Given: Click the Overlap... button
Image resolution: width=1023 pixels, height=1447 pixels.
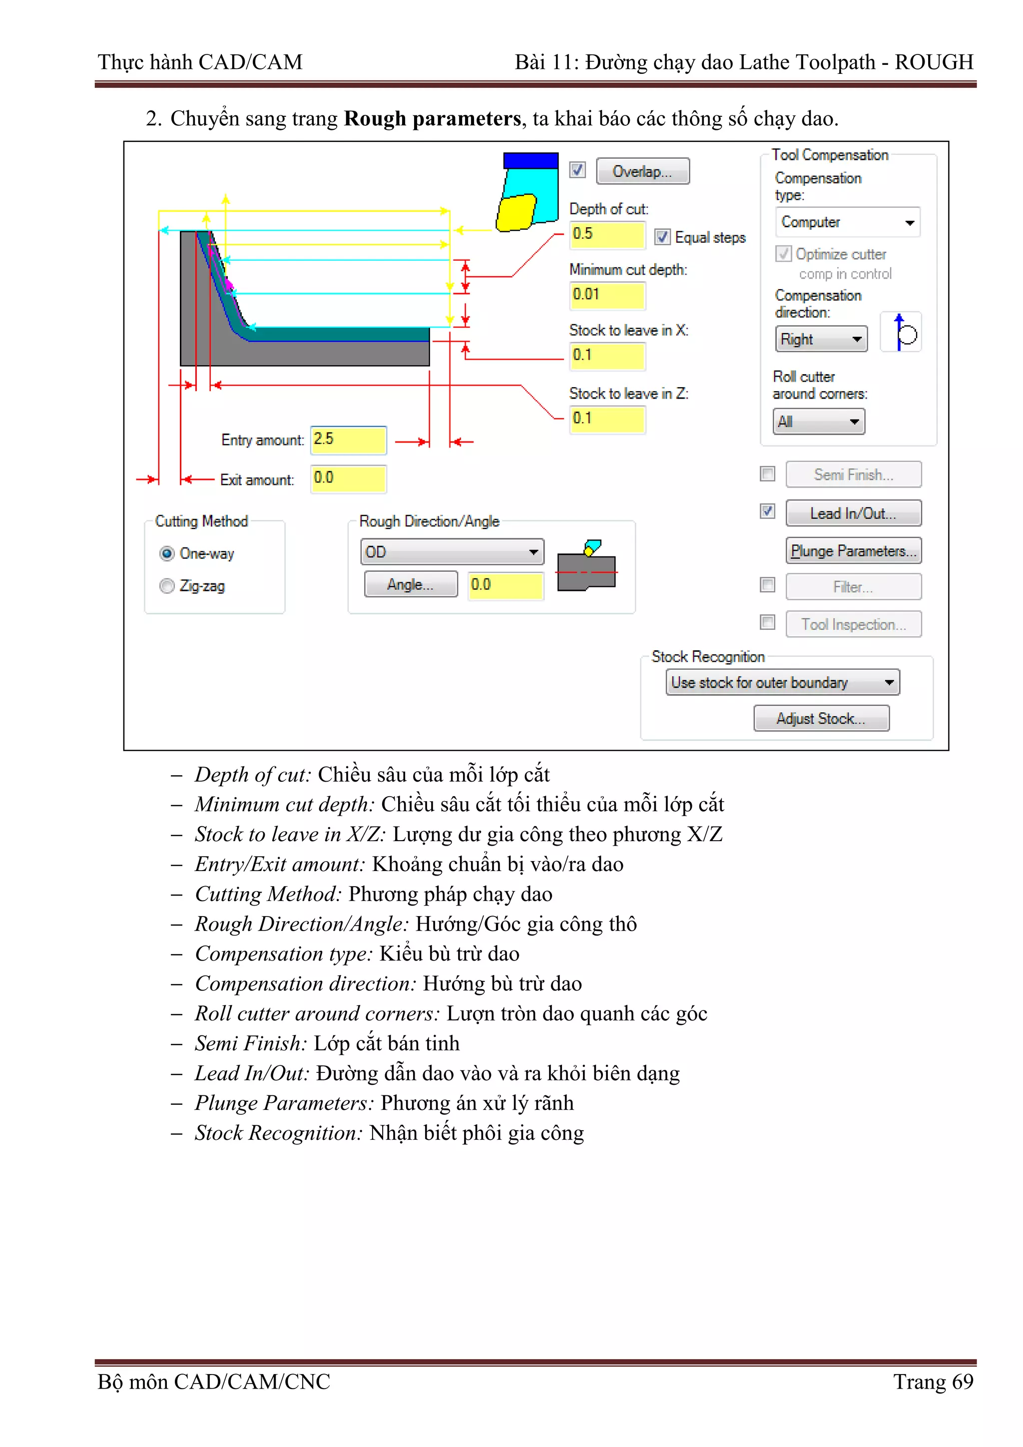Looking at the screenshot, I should pyautogui.click(x=642, y=171).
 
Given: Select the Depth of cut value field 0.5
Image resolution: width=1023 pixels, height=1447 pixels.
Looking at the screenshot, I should pyautogui.click(x=606, y=234).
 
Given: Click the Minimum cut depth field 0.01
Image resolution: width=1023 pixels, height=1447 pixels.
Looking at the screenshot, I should pyautogui.click(x=606, y=295).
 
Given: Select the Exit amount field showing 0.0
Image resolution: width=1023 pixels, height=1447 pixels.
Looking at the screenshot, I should pyautogui.click(x=348, y=479).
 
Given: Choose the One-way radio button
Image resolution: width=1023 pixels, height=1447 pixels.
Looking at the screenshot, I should pyautogui.click(x=167, y=553).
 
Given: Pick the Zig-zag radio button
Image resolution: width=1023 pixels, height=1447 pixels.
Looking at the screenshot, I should pyautogui.click(x=167, y=586).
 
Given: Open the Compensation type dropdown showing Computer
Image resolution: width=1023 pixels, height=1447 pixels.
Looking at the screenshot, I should pyautogui.click(x=847, y=222).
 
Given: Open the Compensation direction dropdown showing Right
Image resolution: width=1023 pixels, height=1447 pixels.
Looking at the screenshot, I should pyautogui.click(x=821, y=339).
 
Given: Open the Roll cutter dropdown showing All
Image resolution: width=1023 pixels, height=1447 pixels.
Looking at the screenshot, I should pyautogui.click(x=818, y=422).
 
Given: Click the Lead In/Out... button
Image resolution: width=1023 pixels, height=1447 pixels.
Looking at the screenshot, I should pyautogui.click(x=853, y=513).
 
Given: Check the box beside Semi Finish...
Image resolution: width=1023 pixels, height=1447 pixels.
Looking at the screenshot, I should pyautogui.click(x=767, y=474).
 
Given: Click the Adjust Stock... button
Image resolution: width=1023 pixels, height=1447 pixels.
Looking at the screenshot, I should pyautogui.click(x=821, y=718).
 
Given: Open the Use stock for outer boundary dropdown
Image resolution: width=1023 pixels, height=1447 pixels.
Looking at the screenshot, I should pyautogui.click(x=782, y=682).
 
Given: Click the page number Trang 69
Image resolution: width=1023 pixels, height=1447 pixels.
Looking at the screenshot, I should pyautogui.click(x=933, y=1382).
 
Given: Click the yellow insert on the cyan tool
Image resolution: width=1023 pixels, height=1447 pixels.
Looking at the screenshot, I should pyautogui.click(x=515, y=212).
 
